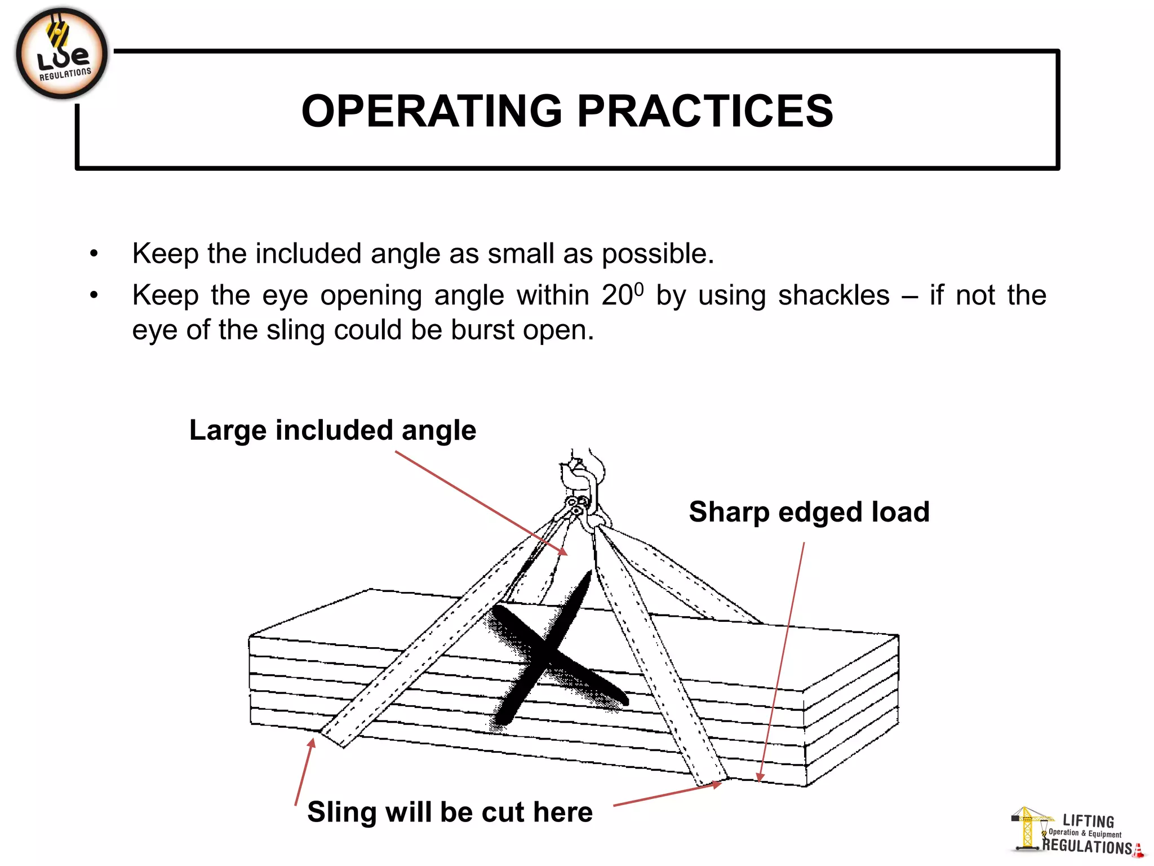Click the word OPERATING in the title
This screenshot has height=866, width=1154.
click(x=432, y=111)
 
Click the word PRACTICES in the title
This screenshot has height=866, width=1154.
click(x=705, y=111)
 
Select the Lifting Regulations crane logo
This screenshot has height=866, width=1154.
click(x=1076, y=832)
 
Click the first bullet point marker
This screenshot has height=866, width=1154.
click(x=94, y=254)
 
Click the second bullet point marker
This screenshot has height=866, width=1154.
click(x=94, y=295)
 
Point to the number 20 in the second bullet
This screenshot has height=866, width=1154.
click(x=616, y=295)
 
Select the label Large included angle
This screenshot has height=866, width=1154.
click(x=332, y=430)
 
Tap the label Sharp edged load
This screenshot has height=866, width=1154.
click(x=809, y=512)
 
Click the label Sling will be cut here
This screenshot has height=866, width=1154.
click(x=450, y=812)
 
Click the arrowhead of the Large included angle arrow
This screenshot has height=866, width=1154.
click(x=565, y=553)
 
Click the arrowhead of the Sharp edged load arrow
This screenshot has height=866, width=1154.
click(x=760, y=779)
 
